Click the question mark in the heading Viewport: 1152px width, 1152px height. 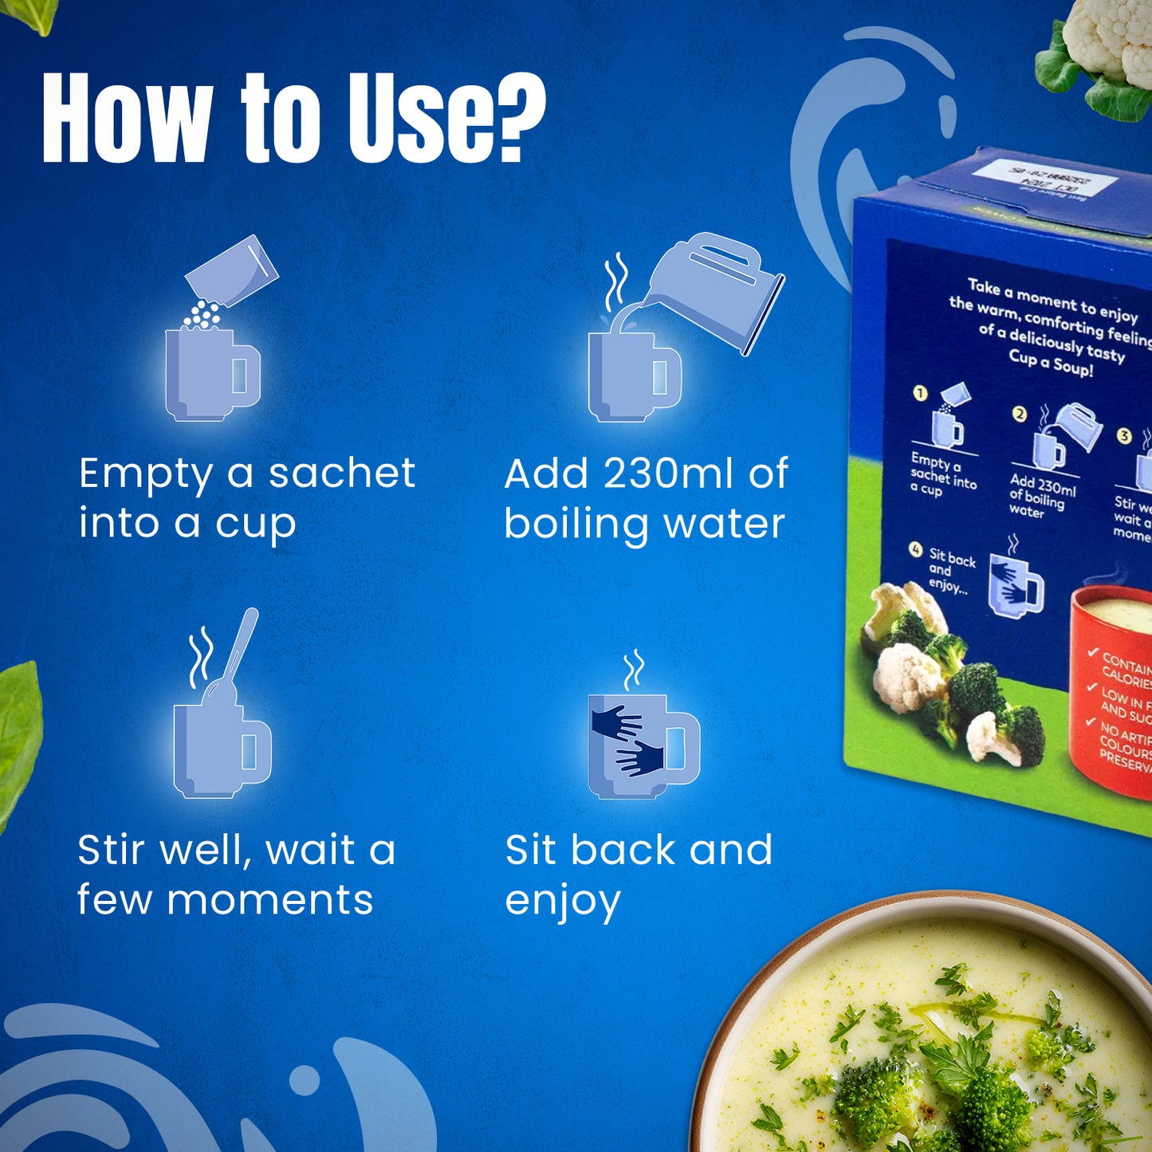tap(517, 117)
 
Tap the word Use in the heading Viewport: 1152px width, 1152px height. tap(423, 117)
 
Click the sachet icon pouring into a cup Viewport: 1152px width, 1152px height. tap(232, 271)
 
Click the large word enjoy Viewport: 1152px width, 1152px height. tap(563, 902)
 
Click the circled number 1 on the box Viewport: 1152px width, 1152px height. tap(921, 393)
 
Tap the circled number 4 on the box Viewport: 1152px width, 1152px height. tap(915, 550)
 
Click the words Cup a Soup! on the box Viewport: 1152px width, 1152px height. tap(1051, 362)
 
